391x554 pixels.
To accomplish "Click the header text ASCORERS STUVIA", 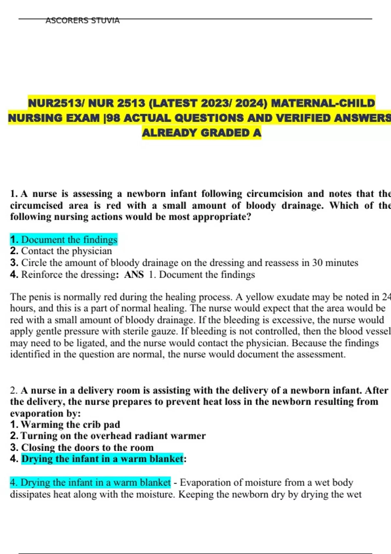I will coord(82,21).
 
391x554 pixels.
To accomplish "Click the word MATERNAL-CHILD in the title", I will coord(323,103).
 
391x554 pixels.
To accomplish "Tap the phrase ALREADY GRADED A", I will coord(202,133).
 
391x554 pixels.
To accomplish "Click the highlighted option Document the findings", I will coord(69,240).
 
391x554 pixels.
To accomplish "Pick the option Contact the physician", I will coord(66,251).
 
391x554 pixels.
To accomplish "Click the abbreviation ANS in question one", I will coord(134,275).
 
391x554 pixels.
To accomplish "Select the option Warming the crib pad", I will coord(70,424).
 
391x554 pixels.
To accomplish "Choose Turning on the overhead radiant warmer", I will coord(113,436).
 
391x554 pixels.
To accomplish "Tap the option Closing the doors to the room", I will coord(87,447).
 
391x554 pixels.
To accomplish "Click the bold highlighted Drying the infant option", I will coord(102,459).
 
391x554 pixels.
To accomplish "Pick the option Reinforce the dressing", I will coord(68,275).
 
